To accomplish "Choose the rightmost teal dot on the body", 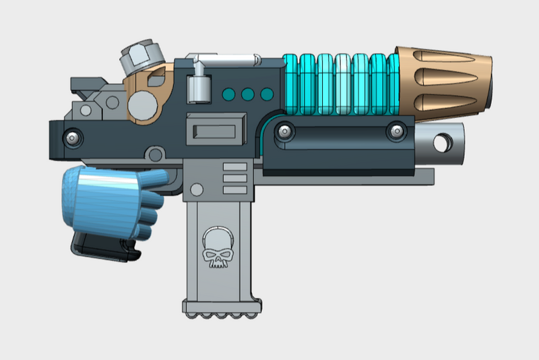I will (x=266, y=94).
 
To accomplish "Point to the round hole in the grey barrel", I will (x=443, y=143).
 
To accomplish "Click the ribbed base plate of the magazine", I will (x=222, y=309).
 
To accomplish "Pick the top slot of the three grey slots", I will (x=235, y=166).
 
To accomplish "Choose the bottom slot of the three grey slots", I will (x=235, y=189).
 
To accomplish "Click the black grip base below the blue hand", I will (x=104, y=245).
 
